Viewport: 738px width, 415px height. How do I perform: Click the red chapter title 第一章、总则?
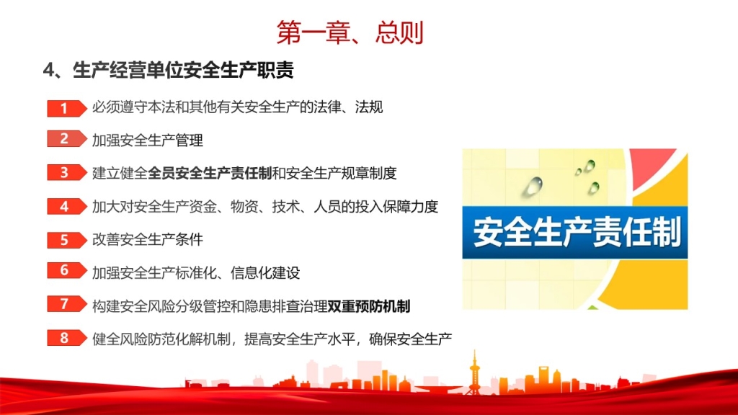350,32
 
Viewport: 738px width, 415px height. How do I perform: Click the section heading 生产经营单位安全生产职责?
183,71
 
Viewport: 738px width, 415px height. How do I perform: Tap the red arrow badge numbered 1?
67,108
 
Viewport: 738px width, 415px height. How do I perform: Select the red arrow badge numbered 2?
67,139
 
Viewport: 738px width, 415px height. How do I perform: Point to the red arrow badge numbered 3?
67,173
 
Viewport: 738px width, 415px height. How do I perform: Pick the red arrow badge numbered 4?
67,206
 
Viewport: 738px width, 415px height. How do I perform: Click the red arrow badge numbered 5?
67,240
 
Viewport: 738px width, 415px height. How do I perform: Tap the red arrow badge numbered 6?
67,271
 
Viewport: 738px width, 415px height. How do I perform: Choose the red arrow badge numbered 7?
67,304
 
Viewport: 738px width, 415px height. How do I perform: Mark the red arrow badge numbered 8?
67,338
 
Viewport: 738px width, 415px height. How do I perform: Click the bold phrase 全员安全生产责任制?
210,173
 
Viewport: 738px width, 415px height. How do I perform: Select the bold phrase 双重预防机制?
369,306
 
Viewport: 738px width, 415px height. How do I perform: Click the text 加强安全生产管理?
147,140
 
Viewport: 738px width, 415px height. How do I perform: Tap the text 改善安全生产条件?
147,239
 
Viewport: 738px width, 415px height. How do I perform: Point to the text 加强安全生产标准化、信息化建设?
196,273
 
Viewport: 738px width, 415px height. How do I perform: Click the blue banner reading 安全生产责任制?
574,233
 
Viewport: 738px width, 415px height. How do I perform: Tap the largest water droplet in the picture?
533,186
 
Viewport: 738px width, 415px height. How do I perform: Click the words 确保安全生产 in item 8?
410,339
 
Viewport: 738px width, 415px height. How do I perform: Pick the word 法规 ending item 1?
369,107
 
